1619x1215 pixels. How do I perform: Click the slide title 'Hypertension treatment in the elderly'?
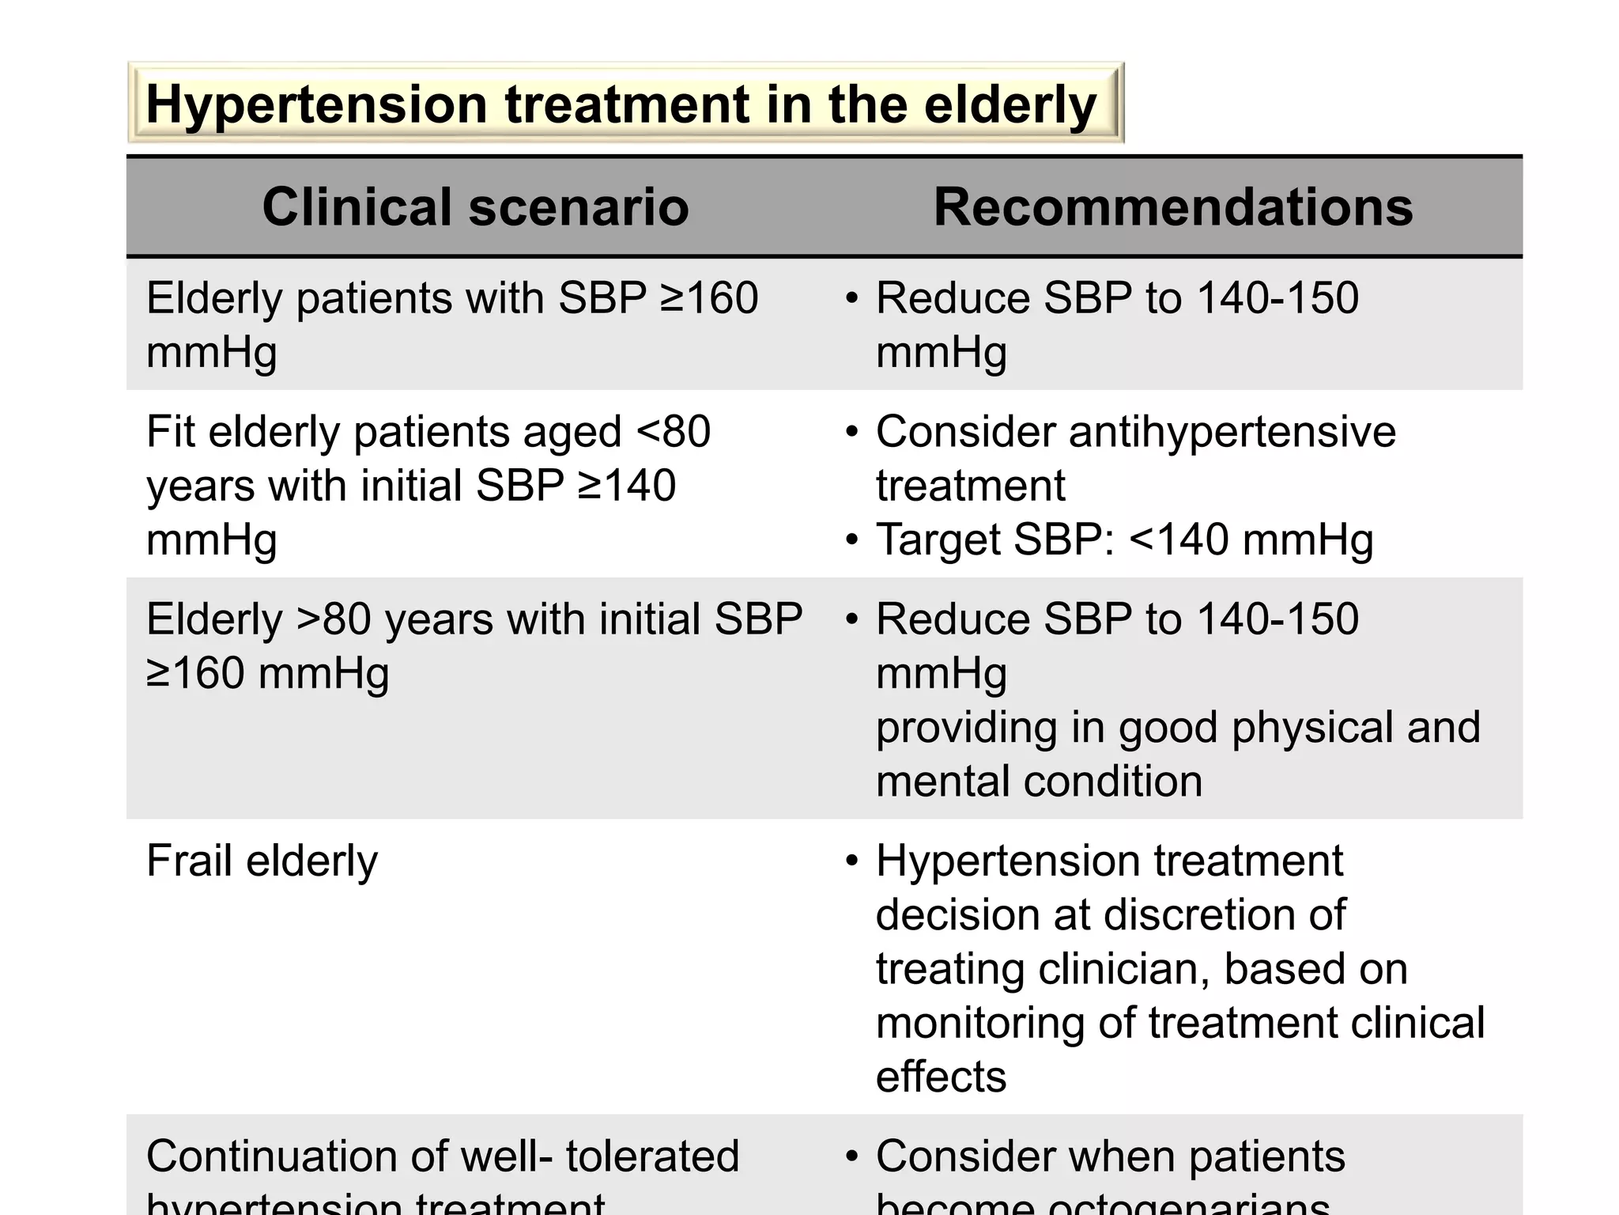[621, 104]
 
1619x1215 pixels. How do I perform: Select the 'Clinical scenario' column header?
[475, 206]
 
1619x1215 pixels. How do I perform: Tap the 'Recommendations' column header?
[1173, 206]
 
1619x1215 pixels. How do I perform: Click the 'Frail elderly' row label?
[262, 861]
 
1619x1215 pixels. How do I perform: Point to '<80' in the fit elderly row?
[673, 432]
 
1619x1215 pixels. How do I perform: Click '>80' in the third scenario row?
[333, 619]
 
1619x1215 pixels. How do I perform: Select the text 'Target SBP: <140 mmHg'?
[1124, 540]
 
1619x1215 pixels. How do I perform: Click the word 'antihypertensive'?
[1232, 432]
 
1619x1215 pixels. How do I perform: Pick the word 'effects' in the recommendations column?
[941, 1077]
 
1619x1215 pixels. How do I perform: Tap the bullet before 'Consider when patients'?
[851, 1156]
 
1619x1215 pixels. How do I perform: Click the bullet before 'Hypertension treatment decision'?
[851, 861]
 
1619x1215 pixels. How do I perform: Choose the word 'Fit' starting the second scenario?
[170, 432]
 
